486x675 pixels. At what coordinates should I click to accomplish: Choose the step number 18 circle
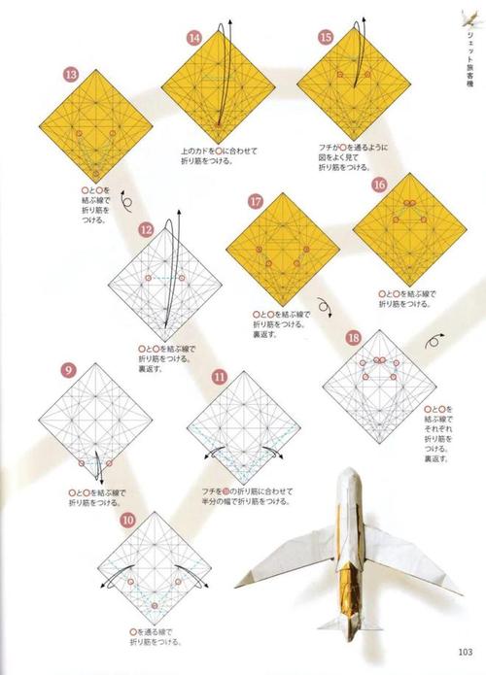(354, 337)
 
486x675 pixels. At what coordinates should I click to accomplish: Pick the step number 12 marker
(147, 230)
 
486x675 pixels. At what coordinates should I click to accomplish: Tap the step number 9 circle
(68, 370)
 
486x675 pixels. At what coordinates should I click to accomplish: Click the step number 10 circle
(127, 520)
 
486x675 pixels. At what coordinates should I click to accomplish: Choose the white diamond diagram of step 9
(96, 420)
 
